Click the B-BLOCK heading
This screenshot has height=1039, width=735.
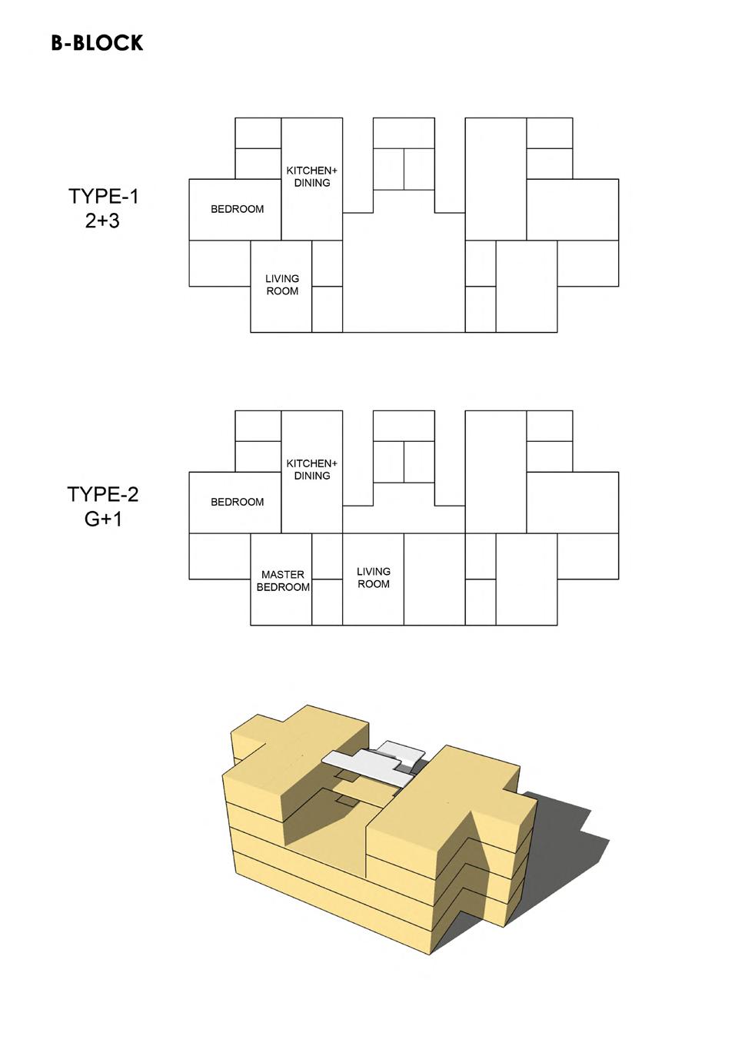tap(97, 43)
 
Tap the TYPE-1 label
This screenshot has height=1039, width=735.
tap(103, 197)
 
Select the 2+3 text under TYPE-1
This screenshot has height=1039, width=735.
tap(103, 221)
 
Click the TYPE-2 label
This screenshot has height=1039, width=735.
tap(103, 494)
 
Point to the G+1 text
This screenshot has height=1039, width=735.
tap(103, 519)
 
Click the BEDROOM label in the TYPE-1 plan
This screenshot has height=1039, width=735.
tap(237, 209)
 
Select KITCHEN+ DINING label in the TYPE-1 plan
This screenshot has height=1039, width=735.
tap(311, 177)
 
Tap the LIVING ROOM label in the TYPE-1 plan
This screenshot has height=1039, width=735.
tap(282, 285)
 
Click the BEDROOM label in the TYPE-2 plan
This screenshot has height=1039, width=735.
tap(237, 502)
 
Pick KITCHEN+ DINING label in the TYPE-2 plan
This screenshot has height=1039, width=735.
tap(311, 470)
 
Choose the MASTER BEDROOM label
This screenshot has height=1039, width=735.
tap(283, 581)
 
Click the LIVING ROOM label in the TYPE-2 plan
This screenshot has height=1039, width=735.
tap(374, 578)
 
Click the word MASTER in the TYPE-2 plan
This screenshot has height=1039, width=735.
tap(283, 575)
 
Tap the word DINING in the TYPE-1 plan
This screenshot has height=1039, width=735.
tap(312, 183)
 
